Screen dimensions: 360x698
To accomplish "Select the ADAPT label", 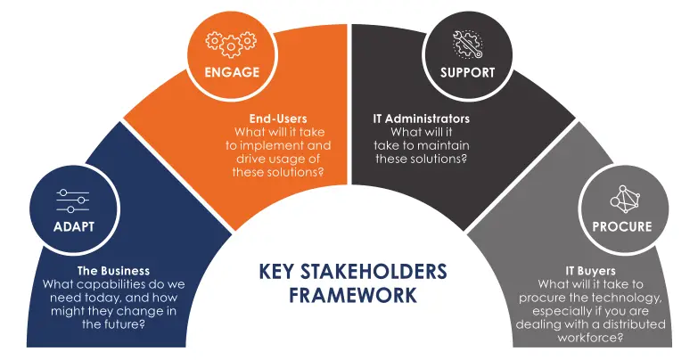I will [x=73, y=226].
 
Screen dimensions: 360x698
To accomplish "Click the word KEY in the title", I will [x=274, y=271].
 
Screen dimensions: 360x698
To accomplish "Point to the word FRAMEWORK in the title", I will [x=353, y=295].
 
